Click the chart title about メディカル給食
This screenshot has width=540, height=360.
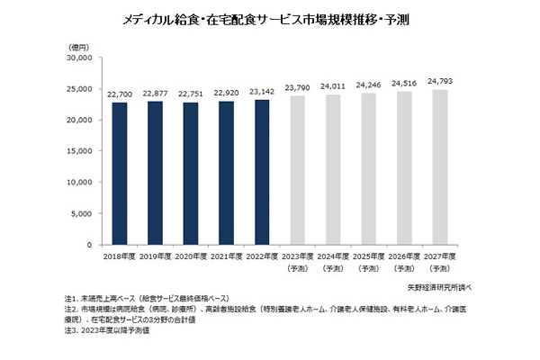(271, 17)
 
